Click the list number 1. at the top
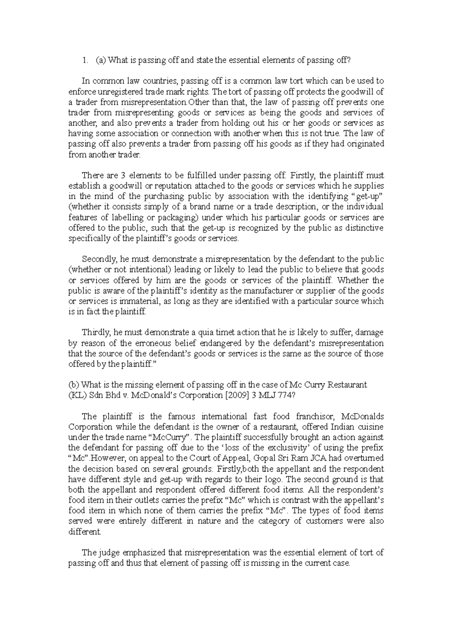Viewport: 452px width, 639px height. [86, 60]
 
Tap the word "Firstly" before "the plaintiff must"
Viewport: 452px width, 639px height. [304, 175]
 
